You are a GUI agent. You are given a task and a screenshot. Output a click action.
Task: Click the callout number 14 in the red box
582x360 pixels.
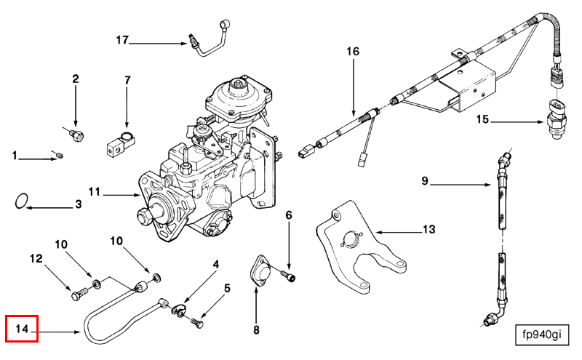click(22, 329)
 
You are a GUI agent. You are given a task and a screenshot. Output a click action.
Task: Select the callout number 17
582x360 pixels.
click(121, 39)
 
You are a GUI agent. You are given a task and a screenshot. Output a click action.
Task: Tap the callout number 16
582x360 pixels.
click(353, 52)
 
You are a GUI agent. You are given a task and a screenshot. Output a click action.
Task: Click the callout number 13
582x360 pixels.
click(428, 230)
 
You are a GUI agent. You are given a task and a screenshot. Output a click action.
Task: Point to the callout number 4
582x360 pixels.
click(215, 265)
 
